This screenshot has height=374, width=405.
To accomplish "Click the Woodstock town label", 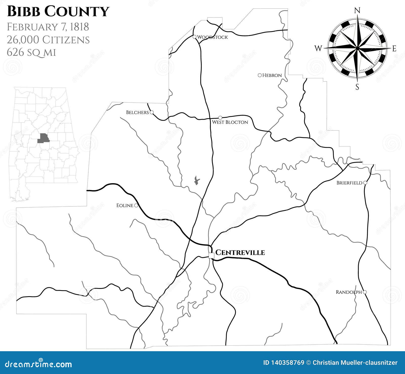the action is (x=212, y=37).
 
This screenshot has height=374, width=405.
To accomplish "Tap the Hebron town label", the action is (x=272, y=75).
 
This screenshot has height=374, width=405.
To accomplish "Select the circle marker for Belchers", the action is (x=152, y=112).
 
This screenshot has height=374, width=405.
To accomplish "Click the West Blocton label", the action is (x=230, y=122).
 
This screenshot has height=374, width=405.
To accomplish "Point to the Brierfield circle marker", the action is (x=365, y=183).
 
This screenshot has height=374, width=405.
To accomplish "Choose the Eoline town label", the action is (x=125, y=205).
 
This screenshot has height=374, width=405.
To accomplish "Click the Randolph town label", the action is (x=349, y=292).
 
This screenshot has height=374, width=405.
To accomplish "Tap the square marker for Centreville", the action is (x=211, y=255).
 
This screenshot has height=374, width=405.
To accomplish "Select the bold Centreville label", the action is (x=240, y=253).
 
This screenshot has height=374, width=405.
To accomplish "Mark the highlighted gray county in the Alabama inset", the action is (x=43, y=138).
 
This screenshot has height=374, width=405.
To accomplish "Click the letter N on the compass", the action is (x=357, y=10).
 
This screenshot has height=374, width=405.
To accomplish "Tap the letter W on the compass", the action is (x=318, y=48).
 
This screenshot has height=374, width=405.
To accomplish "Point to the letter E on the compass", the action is (x=394, y=49).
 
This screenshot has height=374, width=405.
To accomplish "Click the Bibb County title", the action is (x=58, y=12).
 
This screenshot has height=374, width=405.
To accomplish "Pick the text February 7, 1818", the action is (x=48, y=27).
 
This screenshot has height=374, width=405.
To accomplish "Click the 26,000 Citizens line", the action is (x=48, y=40).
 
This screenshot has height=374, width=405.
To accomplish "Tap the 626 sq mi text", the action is (x=31, y=52).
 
